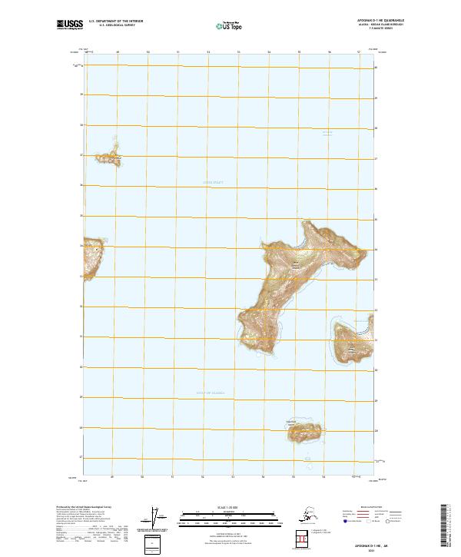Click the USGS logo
70,25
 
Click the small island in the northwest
108,159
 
